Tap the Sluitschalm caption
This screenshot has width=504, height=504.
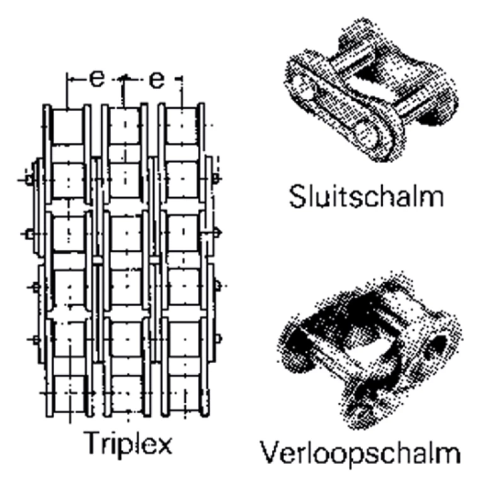tap(366, 196)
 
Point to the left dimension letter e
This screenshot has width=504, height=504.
tap(96, 79)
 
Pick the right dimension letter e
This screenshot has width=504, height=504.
tap(156, 79)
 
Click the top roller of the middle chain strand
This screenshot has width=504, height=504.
tap(125, 125)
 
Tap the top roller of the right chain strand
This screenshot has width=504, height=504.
tap(181, 125)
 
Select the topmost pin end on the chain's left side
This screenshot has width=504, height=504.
tap(29, 180)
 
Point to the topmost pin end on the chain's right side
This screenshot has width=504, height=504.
tap(217, 180)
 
